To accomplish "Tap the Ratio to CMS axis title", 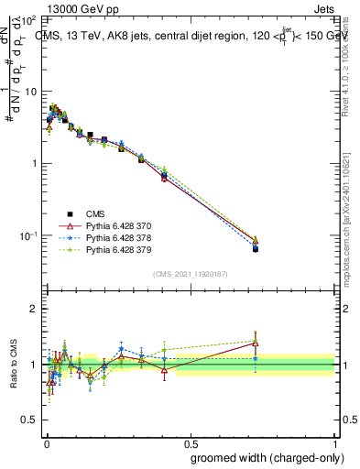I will pyautogui.click(x=14, y=365).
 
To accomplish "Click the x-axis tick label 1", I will pyautogui.click(x=334, y=441).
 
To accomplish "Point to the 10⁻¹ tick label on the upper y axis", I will pyautogui.click(x=28, y=235).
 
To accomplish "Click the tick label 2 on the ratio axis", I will pyautogui.click(x=34, y=309).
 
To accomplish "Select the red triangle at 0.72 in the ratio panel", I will pyautogui.click(x=256, y=344).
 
